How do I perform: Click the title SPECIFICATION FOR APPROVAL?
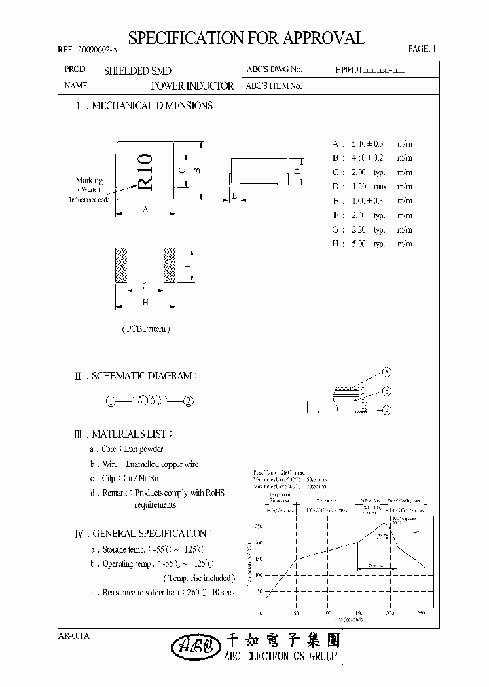(247, 38)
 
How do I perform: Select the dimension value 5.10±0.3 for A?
(367, 144)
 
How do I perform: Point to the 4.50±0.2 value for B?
(367, 158)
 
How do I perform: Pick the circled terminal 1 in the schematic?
(110, 401)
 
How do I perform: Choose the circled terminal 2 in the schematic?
(189, 401)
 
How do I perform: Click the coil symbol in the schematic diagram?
(149, 401)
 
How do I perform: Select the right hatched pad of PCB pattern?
(169, 265)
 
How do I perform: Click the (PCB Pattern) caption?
(145, 329)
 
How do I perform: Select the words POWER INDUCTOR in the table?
(192, 86)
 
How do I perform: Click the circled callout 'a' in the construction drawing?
(386, 372)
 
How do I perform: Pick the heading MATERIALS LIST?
(132, 433)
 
